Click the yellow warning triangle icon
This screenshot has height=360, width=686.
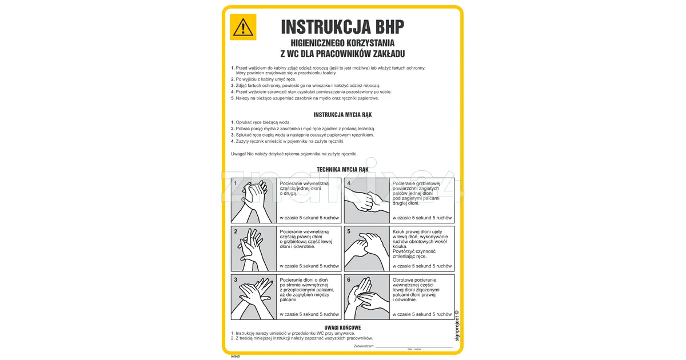click(243, 27)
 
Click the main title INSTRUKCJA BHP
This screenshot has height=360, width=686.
click(342, 27)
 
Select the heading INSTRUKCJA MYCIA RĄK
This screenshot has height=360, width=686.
click(342, 115)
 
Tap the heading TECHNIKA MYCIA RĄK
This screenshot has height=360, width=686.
click(342, 170)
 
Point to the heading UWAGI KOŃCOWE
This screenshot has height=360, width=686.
click(342, 327)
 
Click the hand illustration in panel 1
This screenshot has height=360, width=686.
click(254, 201)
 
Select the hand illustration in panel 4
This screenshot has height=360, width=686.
click(367, 201)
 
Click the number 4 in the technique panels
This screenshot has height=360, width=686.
click(349, 183)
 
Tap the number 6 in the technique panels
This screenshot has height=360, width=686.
click(349, 279)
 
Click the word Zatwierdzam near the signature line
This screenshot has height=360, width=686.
click(364, 346)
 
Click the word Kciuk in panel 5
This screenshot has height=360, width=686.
click(399, 231)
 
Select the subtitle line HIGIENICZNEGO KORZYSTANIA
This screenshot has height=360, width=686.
click(342, 43)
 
